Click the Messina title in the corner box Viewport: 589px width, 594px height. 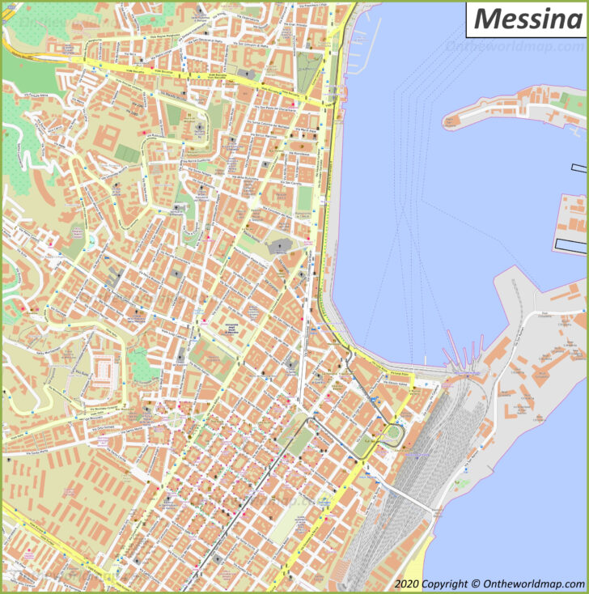coord(528,18)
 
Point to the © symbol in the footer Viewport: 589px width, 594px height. coord(477,583)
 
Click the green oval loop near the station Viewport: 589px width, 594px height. coord(394,432)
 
